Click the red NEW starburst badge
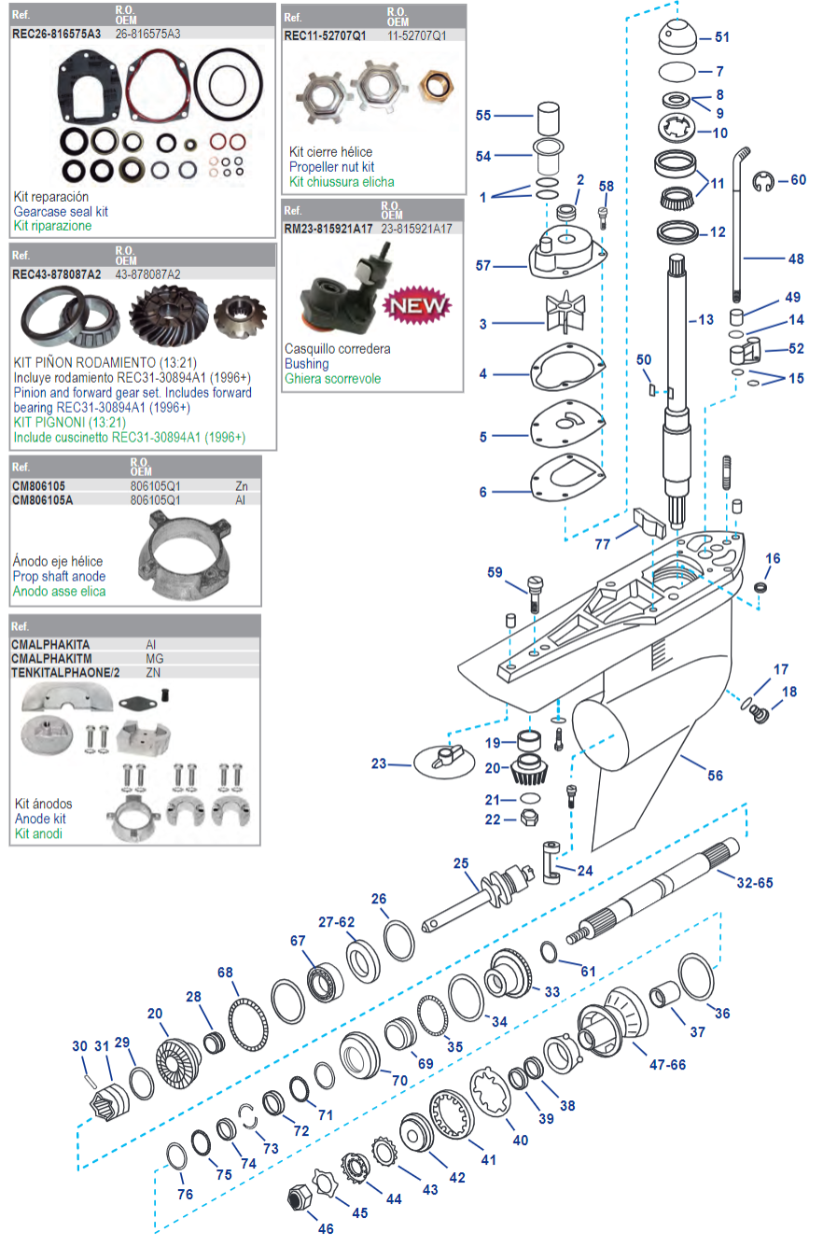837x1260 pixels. click(416, 305)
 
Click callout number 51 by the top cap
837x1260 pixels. click(722, 37)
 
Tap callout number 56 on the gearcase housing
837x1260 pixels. click(715, 776)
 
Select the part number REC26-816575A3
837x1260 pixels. click(56, 34)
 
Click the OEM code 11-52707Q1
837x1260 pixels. click(416, 35)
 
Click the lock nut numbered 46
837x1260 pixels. click(299, 1197)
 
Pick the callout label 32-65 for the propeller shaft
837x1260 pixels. click(754, 883)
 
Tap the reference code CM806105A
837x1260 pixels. click(42, 500)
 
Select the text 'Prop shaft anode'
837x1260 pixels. click(59, 577)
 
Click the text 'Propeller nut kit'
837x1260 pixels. click(331, 167)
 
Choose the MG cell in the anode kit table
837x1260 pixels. click(154, 659)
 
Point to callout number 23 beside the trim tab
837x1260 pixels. click(378, 763)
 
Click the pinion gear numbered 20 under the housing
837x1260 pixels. click(528, 770)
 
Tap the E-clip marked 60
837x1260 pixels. click(764, 182)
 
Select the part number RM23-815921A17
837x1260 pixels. click(328, 229)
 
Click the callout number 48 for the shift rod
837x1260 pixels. click(795, 259)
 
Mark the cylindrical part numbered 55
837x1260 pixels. click(548, 119)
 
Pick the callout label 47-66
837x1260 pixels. click(667, 1065)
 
